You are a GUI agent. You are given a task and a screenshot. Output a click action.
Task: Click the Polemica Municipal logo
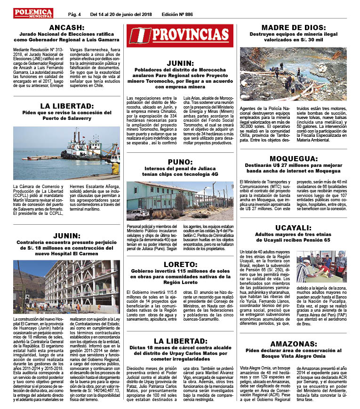33,13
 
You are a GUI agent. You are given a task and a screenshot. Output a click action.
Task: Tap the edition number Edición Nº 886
177,14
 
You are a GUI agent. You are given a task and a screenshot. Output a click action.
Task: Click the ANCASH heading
66,28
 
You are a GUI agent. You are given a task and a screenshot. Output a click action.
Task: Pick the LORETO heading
180,264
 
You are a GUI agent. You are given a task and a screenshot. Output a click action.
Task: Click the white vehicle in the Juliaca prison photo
138,214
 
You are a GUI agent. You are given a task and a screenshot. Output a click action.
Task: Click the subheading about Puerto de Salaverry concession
66,116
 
